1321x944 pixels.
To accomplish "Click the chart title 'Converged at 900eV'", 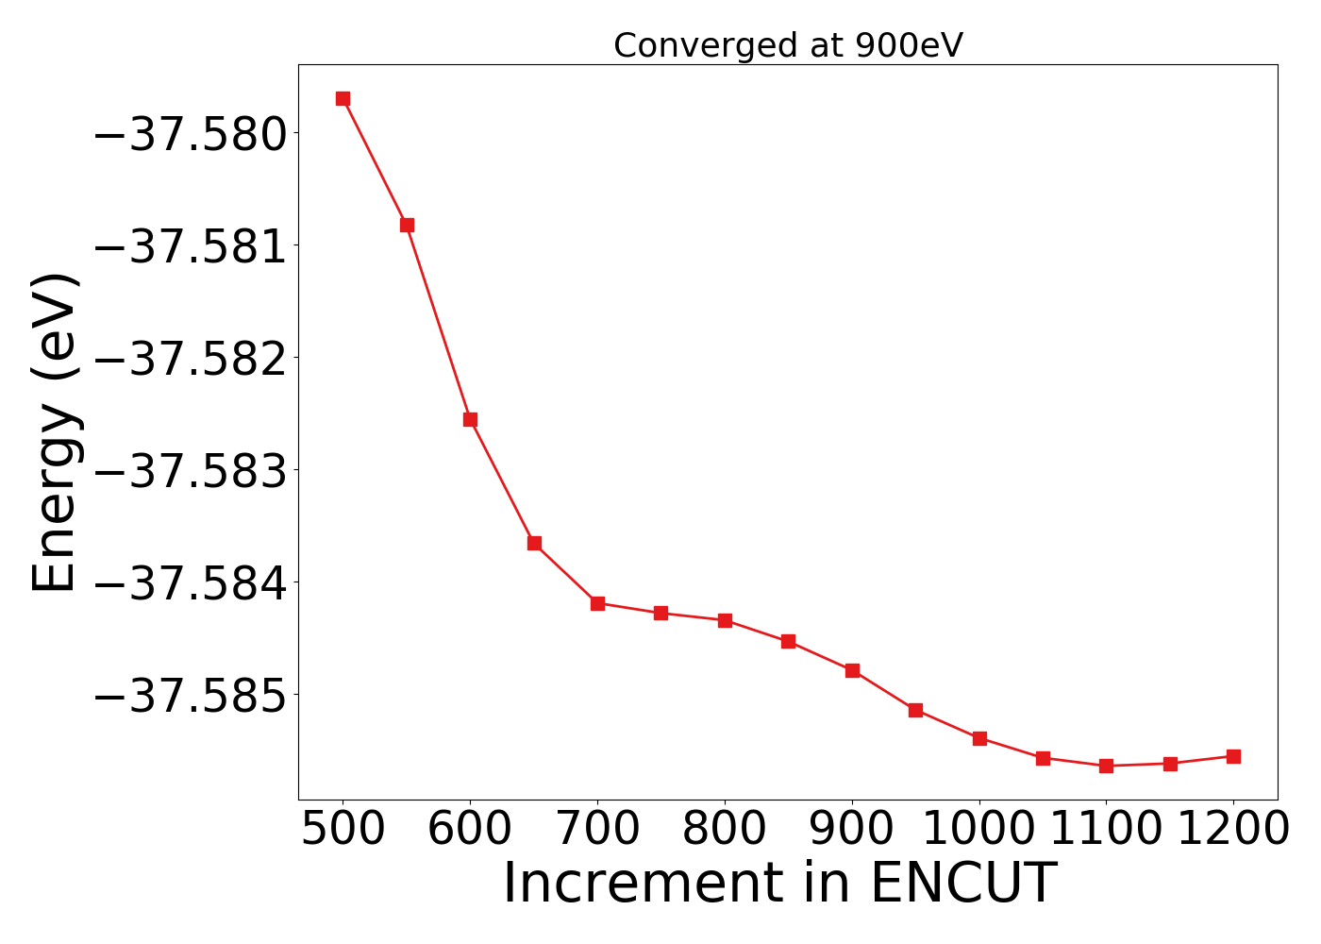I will (788, 45).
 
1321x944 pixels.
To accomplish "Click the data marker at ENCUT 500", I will (343, 99).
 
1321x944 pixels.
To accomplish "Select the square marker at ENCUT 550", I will (407, 225).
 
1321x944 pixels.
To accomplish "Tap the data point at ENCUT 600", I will (470, 419).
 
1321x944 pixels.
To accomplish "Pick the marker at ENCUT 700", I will (597, 603).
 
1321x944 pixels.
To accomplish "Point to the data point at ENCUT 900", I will (852, 670).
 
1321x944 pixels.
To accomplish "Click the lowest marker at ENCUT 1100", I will (1106, 766).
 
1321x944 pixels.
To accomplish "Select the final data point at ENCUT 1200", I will (1233, 756).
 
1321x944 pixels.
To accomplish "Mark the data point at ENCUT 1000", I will (979, 738).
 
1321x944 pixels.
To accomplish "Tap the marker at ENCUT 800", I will (725, 620).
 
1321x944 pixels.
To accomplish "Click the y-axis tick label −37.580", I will (192, 133).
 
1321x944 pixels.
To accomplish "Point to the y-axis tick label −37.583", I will (192, 470).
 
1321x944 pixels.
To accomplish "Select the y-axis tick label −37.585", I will (192, 695).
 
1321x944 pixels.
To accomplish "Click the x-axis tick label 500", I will (343, 829).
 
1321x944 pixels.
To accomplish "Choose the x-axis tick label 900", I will (852, 829).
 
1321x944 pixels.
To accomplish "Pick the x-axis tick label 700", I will (597, 829).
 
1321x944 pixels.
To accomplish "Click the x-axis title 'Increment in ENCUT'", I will (779, 884).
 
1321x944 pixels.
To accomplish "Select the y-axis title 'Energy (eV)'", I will (54, 432).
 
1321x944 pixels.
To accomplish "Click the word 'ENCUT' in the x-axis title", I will (962, 884).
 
